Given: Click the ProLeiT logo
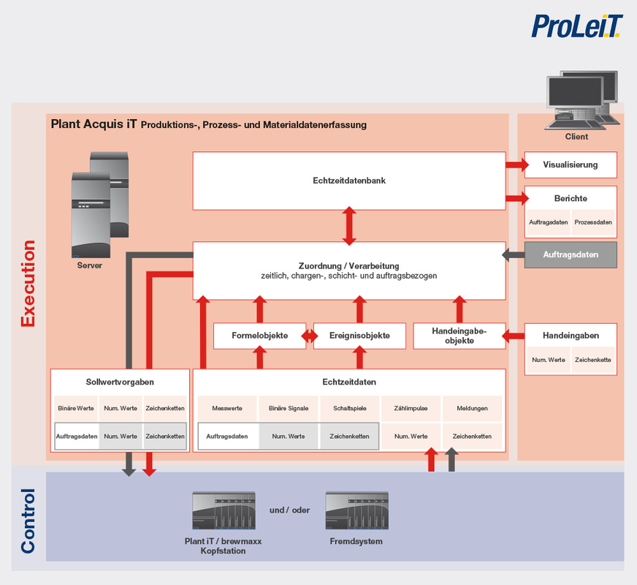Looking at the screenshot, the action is (577, 26).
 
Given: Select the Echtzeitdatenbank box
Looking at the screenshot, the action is (349, 181).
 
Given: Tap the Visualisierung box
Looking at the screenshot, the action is (571, 165).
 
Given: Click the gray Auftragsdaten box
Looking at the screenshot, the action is (571, 255).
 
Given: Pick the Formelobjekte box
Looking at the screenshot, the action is (259, 336).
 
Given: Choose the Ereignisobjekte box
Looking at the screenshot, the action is (359, 336).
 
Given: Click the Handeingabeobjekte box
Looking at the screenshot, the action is (459, 336).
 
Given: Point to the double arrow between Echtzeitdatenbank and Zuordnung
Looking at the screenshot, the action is (349, 226).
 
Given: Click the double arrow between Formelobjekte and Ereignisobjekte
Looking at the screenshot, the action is (310, 336).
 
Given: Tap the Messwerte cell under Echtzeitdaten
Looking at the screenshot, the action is (227, 408).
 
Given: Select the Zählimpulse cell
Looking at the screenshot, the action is (411, 408).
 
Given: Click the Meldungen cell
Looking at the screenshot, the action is (472, 408).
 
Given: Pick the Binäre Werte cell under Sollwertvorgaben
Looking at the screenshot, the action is (76, 408).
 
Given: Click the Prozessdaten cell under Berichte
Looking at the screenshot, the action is (593, 222).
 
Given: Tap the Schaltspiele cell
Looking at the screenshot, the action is (350, 408).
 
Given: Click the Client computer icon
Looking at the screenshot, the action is (581, 100).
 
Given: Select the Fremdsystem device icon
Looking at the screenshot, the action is (356, 510).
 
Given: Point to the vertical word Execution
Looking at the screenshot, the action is (28, 283).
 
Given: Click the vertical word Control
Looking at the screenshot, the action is (28, 521).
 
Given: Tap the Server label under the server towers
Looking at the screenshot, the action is (90, 265).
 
